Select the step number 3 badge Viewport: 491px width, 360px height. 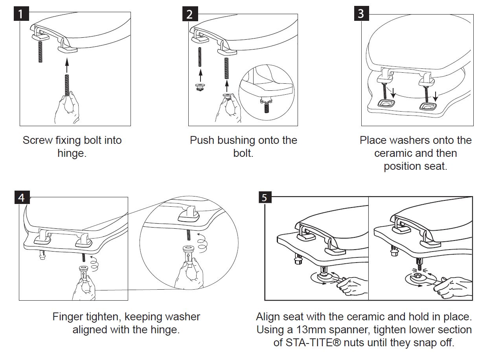click(x=361, y=14)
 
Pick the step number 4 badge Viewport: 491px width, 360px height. click(x=22, y=197)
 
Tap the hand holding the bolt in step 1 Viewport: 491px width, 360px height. click(x=66, y=106)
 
